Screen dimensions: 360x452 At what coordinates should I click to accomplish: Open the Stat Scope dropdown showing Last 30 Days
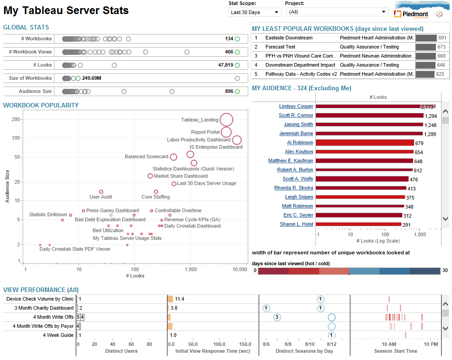254,12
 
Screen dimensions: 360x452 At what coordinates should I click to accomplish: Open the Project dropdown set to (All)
337,12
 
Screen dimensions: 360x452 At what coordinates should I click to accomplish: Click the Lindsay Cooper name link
296,107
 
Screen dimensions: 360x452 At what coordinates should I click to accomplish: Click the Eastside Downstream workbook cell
289,38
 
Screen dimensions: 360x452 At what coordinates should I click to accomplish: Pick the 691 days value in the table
442,38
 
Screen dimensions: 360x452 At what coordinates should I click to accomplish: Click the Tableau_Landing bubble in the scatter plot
226,120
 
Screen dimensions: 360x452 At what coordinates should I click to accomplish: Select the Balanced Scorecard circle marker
173,157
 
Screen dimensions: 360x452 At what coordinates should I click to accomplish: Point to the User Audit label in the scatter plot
101,197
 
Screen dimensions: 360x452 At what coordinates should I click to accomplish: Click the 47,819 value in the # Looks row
226,65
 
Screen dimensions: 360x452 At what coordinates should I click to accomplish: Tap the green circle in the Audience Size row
237,92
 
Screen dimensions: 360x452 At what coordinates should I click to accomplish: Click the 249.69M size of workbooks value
92,78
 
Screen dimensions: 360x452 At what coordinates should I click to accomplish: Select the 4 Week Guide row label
58,336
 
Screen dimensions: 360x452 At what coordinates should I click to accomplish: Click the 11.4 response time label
180,299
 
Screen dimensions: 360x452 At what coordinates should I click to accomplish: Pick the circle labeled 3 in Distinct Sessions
277,317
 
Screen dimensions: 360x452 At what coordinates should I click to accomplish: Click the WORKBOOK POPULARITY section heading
41,106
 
